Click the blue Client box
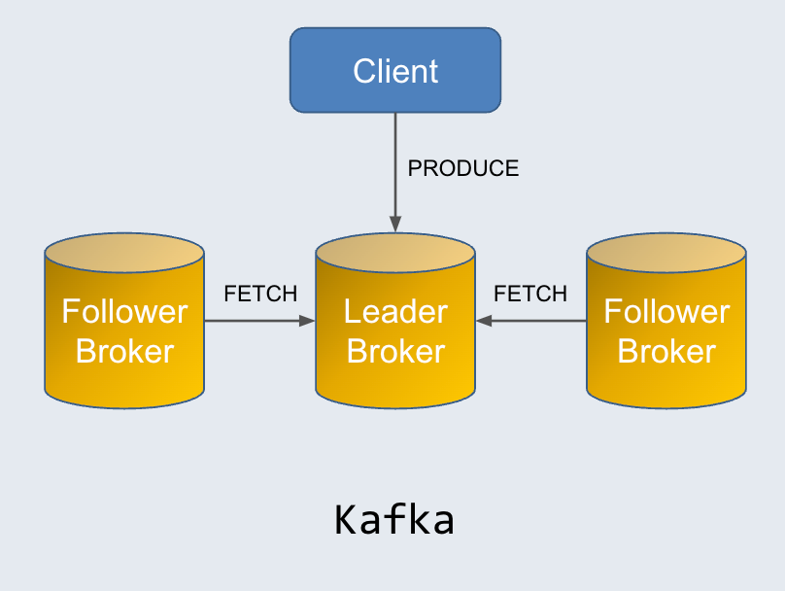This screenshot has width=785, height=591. pyautogui.click(x=395, y=70)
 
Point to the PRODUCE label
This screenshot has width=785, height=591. pyautogui.click(x=462, y=168)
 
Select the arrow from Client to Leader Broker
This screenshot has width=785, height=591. pyautogui.click(x=395, y=165)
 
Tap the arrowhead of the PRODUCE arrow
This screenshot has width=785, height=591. pyautogui.click(x=395, y=225)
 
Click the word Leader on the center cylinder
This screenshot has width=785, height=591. pyautogui.click(x=395, y=312)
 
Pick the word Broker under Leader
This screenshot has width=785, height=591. pyautogui.click(x=395, y=351)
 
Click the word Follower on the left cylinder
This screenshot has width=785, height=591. pyautogui.click(x=124, y=312)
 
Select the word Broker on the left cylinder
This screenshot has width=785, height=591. pyautogui.click(x=124, y=351)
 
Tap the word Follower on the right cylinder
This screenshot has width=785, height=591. pyautogui.click(x=666, y=312)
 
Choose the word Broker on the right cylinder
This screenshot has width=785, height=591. pyautogui.click(x=666, y=351)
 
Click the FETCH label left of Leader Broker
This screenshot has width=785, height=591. pyautogui.click(x=260, y=294)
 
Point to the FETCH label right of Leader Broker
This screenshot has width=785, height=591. pyautogui.click(x=530, y=294)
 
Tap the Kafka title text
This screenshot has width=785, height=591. pyautogui.click(x=394, y=520)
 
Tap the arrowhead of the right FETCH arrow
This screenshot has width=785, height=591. pyautogui.click(x=483, y=320)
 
